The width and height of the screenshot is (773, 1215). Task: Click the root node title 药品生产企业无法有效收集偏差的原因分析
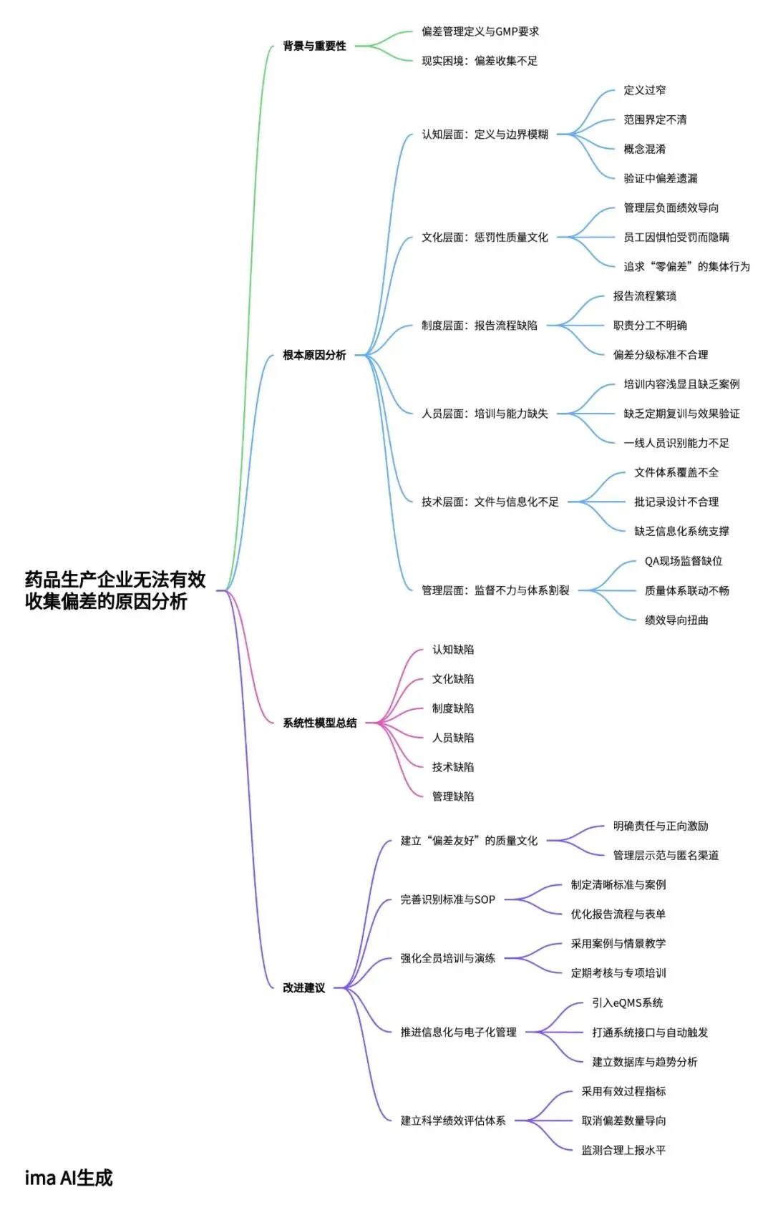click(x=115, y=590)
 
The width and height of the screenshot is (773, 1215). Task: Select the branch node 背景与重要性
click(x=314, y=46)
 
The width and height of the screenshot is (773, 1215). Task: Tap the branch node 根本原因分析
click(x=314, y=355)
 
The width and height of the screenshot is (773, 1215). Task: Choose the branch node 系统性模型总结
click(x=319, y=723)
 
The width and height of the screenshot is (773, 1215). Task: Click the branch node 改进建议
click(x=303, y=987)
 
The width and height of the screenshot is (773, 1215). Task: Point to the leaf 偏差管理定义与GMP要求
click(x=480, y=31)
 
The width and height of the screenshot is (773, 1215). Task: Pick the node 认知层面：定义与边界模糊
click(x=485, y=134)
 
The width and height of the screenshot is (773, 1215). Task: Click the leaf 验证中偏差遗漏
click(x=660, y=178)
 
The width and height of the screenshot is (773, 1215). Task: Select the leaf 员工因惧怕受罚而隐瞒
click(x=676, y=237)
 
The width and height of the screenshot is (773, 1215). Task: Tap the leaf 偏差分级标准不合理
click(x=660, y=355)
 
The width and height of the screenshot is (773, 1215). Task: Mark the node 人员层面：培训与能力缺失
click(x=485, y=414)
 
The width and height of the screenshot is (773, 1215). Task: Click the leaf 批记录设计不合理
click(x=676, y=502)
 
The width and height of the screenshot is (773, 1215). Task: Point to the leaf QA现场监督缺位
click(x=683, y=561)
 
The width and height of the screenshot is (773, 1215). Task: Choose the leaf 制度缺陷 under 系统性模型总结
click(x=452, y=708)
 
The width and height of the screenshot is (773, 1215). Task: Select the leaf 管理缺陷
click(x=452, y=796)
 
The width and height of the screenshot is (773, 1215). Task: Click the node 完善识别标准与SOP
click(x=447, y=899)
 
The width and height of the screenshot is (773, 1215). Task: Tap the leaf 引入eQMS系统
click(x=627, y=1002)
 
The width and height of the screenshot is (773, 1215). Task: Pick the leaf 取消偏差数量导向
click(x=623, y=1121)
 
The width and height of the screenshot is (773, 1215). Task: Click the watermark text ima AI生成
click(x=69, y=1178)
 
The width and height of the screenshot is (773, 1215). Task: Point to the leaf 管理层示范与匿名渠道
click(x=666, y=855)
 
